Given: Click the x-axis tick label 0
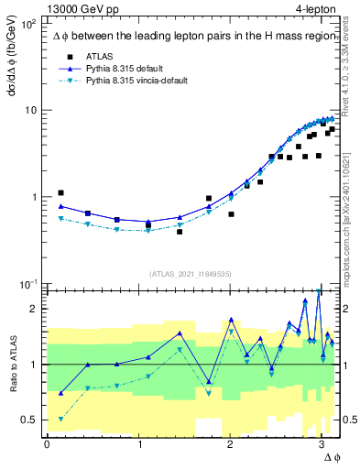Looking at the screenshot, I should coord(47,445).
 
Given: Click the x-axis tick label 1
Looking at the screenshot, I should coord(138,445).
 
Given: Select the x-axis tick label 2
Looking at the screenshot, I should coord(230,445).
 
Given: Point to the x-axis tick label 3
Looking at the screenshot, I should coord(321,445).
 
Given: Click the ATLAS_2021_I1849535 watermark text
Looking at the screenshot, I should coord(191,273).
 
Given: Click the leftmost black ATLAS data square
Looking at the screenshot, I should coord(60,193).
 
